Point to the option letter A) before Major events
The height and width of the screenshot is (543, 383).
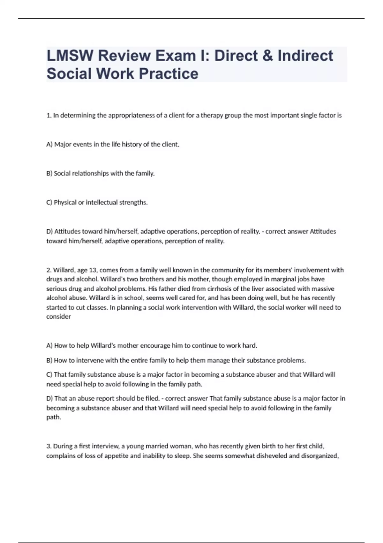click(49, 144)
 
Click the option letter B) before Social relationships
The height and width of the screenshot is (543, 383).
click(49, 173)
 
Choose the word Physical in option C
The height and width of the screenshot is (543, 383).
click(65, 203)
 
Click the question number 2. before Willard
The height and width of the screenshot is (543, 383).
click(49, 270)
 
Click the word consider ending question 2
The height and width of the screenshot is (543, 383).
click(58, 317)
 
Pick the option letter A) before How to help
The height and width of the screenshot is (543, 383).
click(49, 346)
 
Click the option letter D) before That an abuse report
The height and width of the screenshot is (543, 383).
click(50, 399)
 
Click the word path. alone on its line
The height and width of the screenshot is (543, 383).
click(54, 417)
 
